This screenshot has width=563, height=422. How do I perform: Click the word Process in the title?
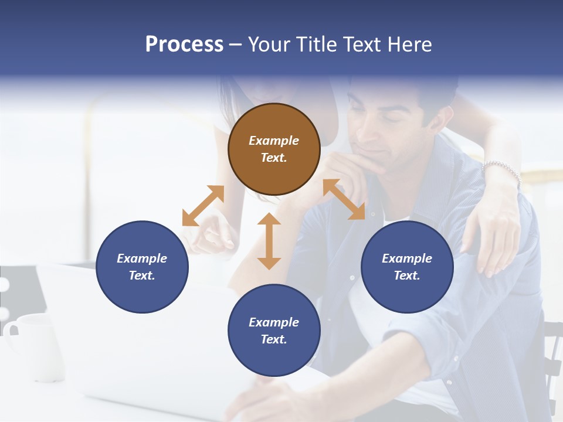[x=184, y=45]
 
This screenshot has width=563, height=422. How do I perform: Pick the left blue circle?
[x=142, y=267]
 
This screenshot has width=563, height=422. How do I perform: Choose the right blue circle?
[x=407, y=267]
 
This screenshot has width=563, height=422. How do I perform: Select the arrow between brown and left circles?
[x=203, y=206]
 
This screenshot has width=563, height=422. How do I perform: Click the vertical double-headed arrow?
[x=269, y=241]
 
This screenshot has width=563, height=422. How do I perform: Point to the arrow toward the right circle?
[x=344, y=199]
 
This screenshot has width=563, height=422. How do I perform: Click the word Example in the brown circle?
[x=274, y=141]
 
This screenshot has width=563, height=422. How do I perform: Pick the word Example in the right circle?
[x=407, y=258]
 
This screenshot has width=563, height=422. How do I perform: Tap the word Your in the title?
[x=269, y=45]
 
